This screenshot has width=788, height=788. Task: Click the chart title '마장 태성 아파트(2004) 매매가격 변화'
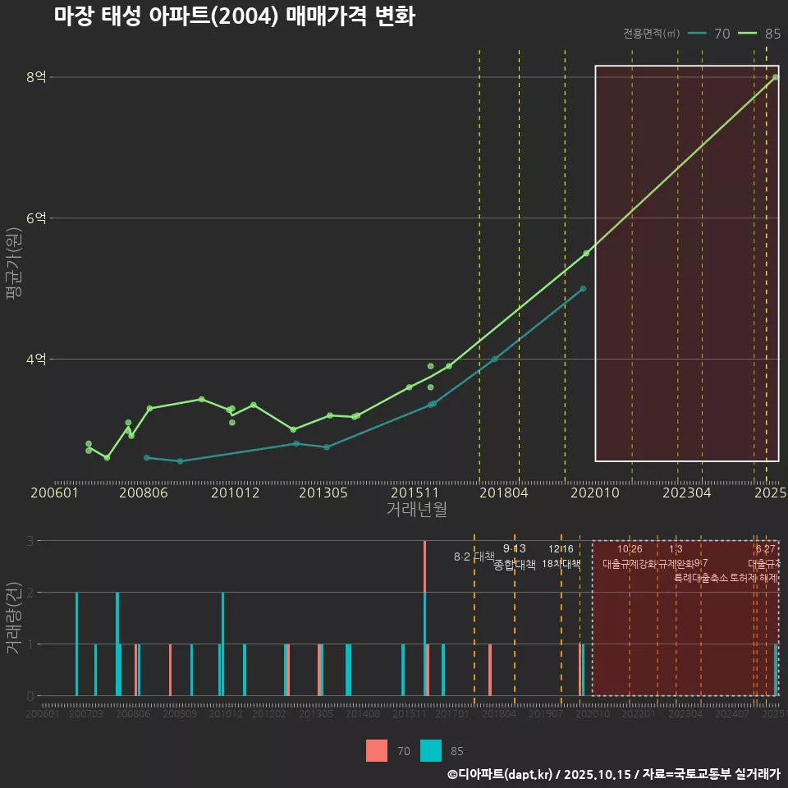[x=235, y=17]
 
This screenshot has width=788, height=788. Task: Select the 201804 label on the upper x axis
[x=503, y=493]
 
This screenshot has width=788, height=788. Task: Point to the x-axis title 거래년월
[x=416, y=510]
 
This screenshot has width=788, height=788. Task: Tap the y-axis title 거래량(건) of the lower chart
[x=14, y=618]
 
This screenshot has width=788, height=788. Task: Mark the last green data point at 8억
[x=776, y=77]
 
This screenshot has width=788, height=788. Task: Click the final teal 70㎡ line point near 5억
[x=583, y=289]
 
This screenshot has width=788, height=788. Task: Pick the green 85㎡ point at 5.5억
[x=586, y=254]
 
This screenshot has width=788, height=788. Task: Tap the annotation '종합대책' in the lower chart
[x=515, y=565]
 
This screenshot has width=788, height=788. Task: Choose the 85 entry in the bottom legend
[x=443, y=751]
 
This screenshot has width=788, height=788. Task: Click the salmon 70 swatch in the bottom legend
[x=377, y=751]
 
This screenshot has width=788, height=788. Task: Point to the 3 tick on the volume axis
[x=30, y=541]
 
